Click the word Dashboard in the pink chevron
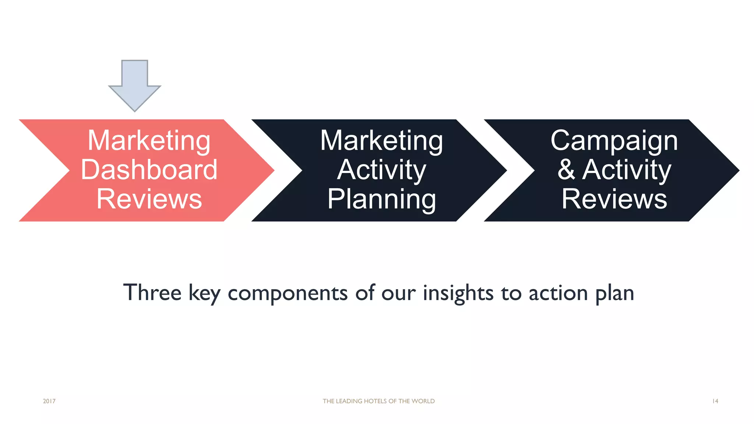click(149, 170)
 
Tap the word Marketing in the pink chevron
click(149, 141)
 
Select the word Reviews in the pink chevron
click(149, 199)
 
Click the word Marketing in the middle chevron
click(381, 141)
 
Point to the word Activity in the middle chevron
click(381, 170)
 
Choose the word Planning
click(381, 199)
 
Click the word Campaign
click(614, 141)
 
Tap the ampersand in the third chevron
click(566, 170)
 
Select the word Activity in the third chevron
click(627, 170)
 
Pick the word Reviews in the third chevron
click(614, 199)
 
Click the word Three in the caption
click(152, 293)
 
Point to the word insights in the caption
click(458, 293)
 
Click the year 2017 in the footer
click(49, 401)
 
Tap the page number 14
click(715, 401)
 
